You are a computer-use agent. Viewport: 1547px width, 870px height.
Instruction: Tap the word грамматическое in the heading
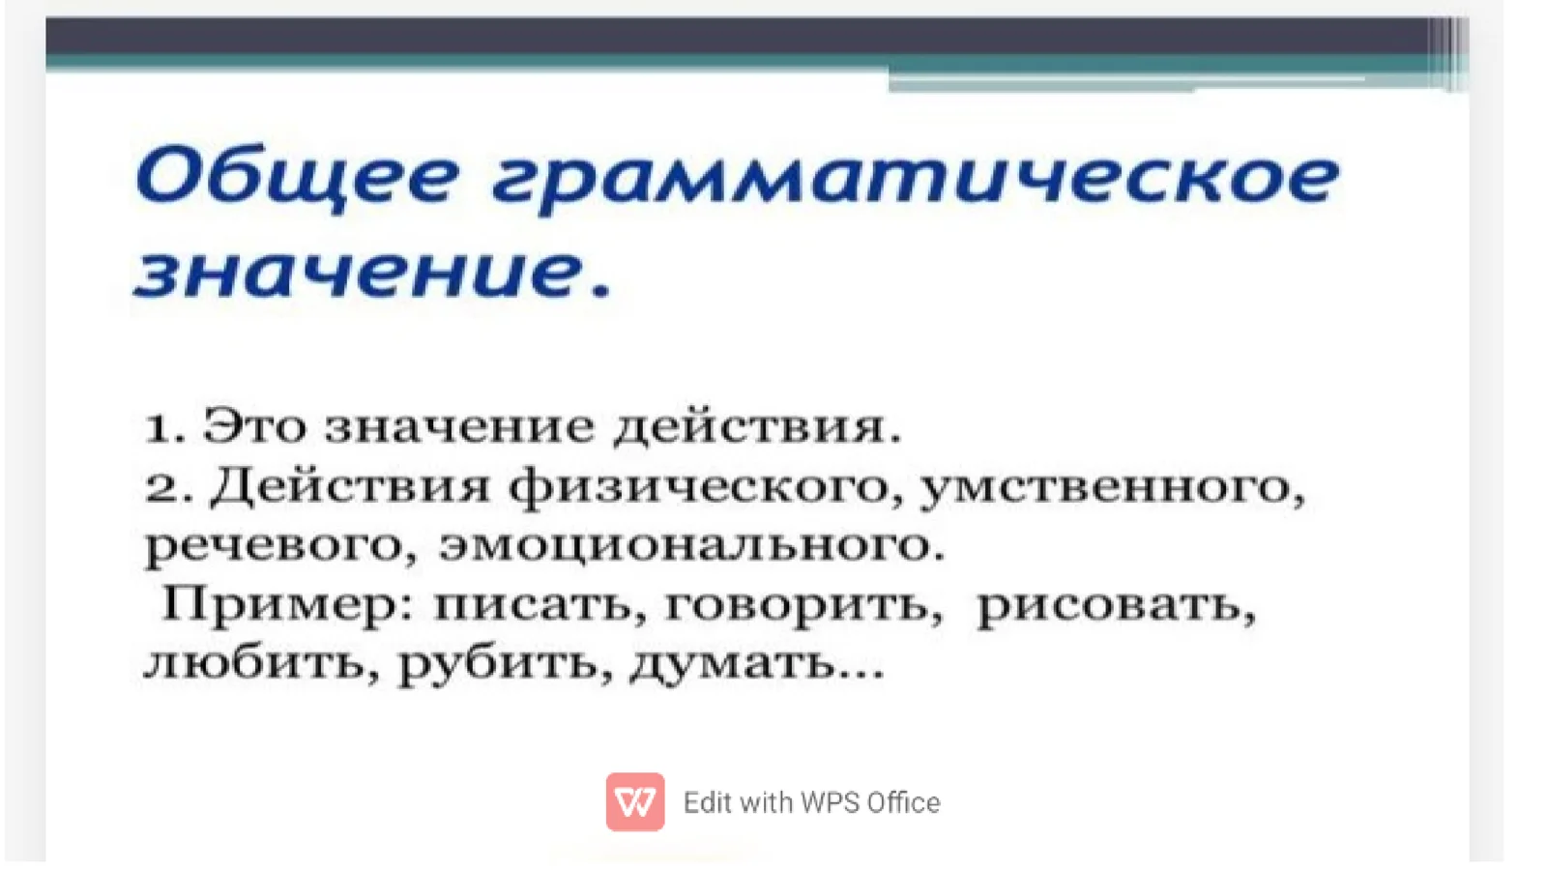tap(915, 180)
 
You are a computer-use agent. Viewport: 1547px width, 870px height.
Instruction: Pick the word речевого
tap(276, 546)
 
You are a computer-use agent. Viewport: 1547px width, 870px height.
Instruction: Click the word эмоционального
tap(686, 546)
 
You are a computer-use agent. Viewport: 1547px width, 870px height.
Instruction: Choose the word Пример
tap(280, 606)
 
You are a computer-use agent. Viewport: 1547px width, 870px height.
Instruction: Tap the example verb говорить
tap(798, 606)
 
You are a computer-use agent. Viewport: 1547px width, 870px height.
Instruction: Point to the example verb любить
tap(255, 664)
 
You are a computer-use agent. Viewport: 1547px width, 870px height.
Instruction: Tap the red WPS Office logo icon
tap(635, 801)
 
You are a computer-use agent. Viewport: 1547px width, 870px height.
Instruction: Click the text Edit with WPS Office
tap(811, 802)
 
